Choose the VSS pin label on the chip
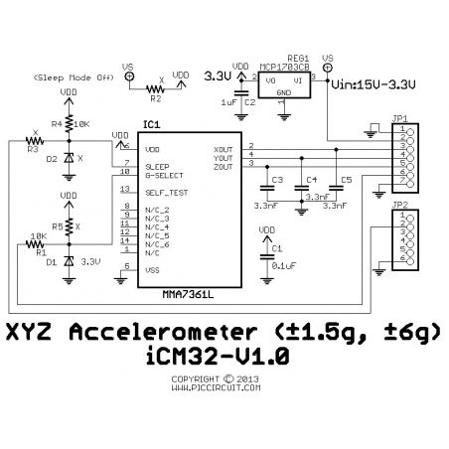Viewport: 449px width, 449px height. tap(151, 269)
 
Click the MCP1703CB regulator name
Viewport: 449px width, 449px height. tap(284, 67)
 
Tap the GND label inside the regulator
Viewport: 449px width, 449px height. tap(284, 93)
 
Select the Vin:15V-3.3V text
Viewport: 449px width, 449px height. tap(373, 83)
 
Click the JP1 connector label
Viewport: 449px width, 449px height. tap(401, 115)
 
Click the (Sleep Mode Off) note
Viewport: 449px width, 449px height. tap(71, 76)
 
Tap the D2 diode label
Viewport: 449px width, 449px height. tap(51, 158)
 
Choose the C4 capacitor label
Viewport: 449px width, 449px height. tap(311, 180)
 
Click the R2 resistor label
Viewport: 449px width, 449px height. tap(154, 98)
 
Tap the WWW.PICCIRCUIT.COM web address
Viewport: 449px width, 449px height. tap(216, 389)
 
